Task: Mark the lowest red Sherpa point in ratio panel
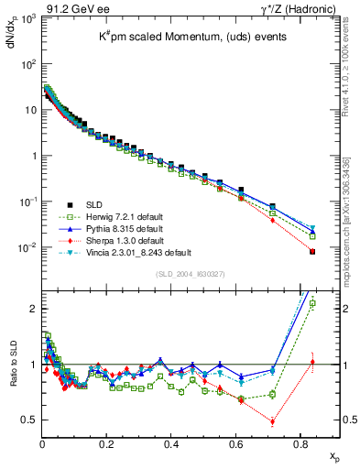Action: point(273,422)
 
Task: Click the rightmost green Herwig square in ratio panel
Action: point(312,303)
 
